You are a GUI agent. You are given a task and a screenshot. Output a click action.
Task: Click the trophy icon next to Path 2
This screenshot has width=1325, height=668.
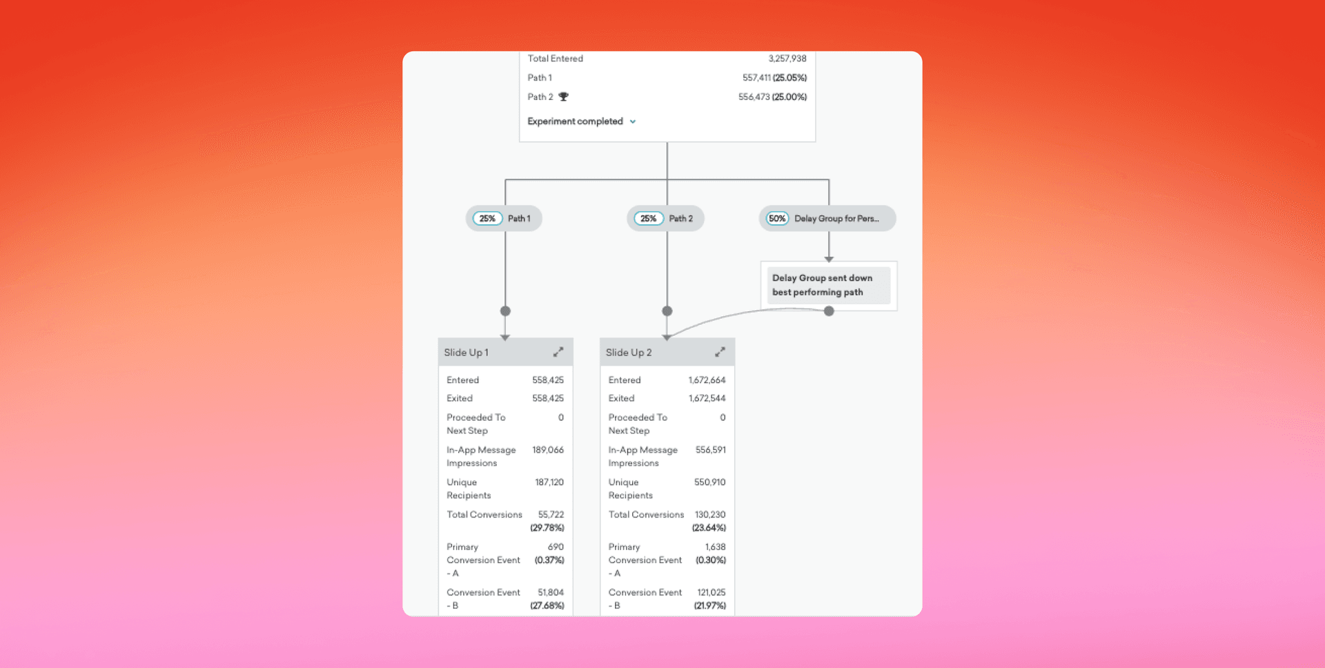[x=563, y=97]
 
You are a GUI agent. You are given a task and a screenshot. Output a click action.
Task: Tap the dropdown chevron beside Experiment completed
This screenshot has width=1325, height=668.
[x=633, y=121]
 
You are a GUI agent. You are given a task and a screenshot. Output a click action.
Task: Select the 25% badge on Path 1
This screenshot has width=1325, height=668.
[x=487, y=219]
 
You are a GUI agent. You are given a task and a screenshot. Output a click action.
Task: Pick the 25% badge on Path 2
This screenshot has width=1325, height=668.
[x=648, y=219]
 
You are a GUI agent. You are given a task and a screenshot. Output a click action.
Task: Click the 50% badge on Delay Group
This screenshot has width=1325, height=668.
[x=777, y=219]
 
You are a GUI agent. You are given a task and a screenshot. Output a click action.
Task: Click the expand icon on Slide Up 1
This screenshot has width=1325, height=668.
[x=558, y=352]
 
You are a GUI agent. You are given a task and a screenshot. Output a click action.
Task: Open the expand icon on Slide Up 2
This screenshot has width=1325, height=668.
[x=720, y=352]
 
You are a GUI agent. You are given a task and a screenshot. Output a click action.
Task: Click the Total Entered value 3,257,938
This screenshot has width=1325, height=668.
[x=787, y=59]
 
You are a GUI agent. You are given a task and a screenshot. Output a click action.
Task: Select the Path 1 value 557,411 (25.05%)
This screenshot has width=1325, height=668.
[x=774, y=78]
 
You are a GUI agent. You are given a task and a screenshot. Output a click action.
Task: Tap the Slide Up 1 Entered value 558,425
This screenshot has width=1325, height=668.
[x=548, y=380]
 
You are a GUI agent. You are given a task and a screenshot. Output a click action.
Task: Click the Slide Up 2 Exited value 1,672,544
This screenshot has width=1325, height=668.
[x=707, y=398]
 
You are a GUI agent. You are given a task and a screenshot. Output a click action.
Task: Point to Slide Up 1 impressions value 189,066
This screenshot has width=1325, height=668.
[x=548, y=450]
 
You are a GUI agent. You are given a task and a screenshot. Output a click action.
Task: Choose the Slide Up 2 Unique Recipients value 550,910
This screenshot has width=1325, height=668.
[x=709, y=482]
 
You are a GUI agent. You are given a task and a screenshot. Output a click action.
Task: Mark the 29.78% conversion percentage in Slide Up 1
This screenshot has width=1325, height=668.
[x=547, y=528]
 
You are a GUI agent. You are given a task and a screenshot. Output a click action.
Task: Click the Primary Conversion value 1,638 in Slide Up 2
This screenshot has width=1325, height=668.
[x=715, y=547]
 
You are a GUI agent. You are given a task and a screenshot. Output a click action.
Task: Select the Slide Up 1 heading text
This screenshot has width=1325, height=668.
[x=467, y=353]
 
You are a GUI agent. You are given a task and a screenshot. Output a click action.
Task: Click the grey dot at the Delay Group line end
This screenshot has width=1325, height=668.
[x=829, y=311]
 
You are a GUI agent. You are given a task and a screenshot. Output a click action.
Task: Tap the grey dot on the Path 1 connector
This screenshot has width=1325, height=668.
[x=505, y=311]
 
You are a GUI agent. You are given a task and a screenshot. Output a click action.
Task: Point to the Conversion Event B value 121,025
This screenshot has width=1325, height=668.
[x=711, y=593]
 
